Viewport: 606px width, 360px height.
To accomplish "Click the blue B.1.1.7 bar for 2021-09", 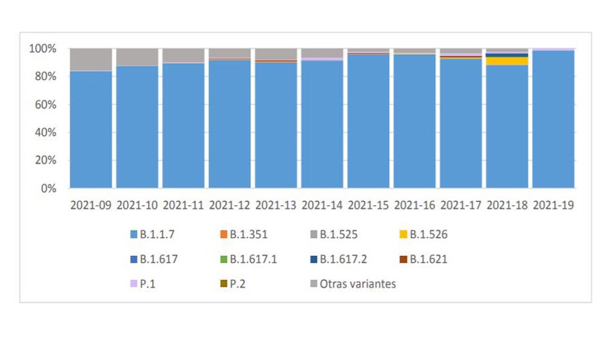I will (91, 129).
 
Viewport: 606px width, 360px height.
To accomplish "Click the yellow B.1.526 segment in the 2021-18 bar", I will (507, 61).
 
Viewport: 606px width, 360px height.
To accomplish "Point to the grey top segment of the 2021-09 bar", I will (91, 59).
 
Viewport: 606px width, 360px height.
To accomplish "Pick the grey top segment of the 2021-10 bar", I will (137, 57).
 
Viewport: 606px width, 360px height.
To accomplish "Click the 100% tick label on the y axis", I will (43, 49).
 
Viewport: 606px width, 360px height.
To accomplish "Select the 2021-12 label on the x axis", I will (230, 206).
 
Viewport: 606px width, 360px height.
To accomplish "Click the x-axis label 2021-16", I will (415, 206).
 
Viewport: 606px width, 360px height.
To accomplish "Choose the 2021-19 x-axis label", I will (553, 206).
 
